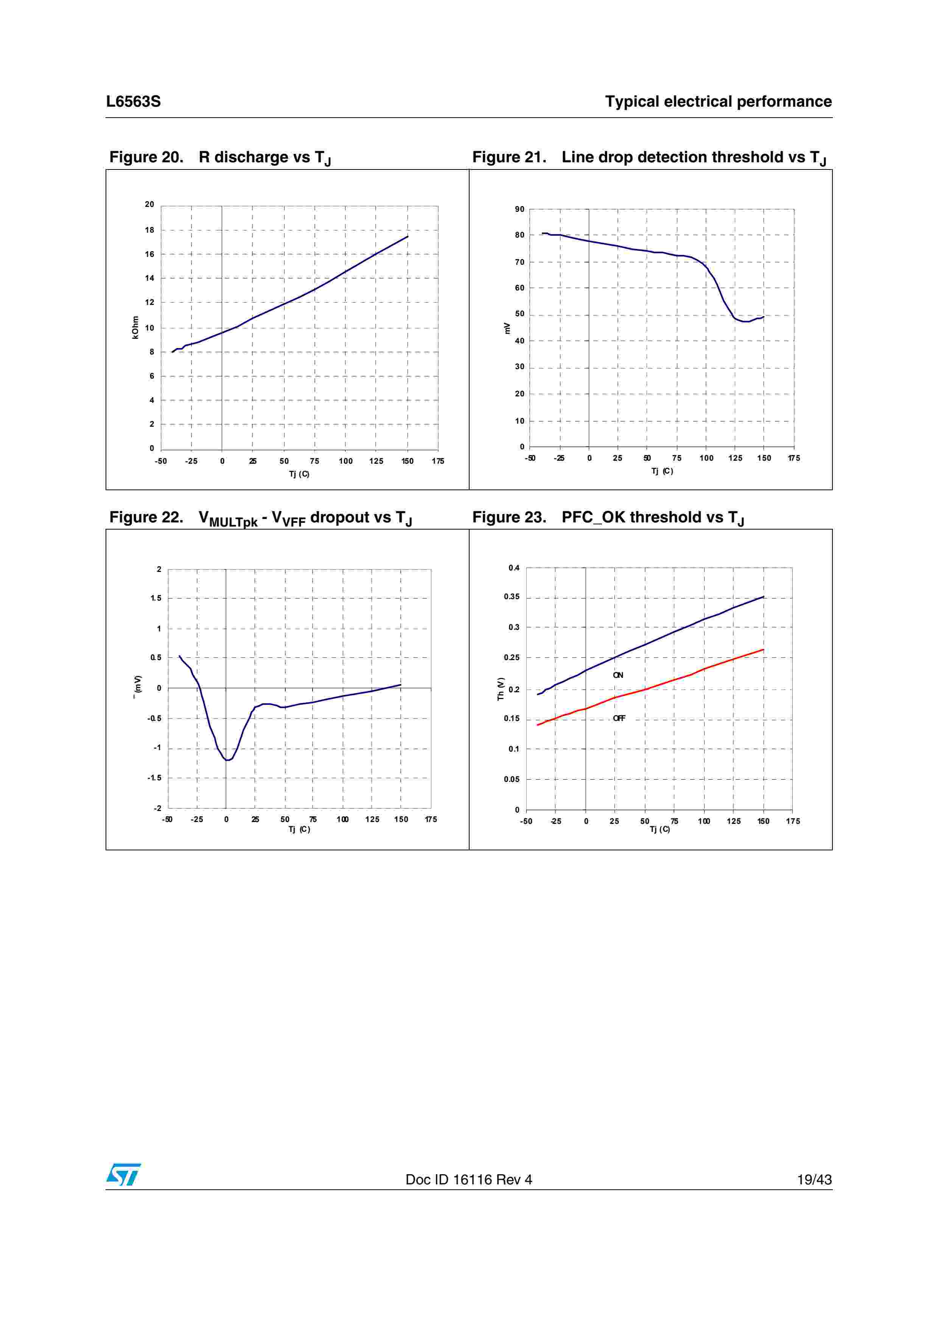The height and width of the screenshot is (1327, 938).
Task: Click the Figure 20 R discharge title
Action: click(219, 157)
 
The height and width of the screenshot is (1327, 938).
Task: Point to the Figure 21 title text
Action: click(649, 157)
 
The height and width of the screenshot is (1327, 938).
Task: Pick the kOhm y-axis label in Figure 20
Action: click(135, 327)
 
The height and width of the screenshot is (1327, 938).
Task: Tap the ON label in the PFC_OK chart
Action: click(618, 675)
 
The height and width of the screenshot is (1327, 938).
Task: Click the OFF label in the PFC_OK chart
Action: click(619, 718)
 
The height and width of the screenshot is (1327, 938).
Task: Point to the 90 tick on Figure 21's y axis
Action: click(520, 209)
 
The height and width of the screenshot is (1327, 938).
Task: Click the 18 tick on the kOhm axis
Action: click(150, 230)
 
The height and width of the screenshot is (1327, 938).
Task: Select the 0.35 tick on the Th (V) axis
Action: click(512, 597)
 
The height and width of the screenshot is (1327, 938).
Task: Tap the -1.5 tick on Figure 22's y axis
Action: click(154, 778)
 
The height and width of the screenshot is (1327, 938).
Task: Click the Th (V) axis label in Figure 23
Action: click(501, 689)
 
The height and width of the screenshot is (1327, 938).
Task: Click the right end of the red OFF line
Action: click(764, 650)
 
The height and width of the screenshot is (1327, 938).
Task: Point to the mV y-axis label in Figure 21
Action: click(507, 328)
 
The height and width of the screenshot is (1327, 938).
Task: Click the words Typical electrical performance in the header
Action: click(718, 102)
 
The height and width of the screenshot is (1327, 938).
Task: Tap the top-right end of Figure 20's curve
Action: click(408, 236)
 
